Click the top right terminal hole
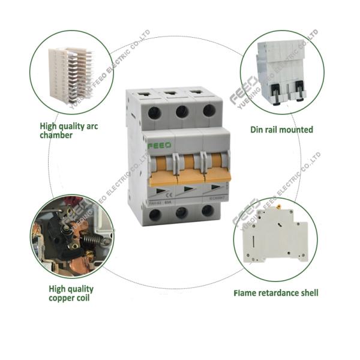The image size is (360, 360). tap(209, 111)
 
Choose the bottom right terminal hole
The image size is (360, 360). tap(208, 211)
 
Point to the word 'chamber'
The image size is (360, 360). tap(56, 135)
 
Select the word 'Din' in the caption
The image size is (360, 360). tap(257, 129)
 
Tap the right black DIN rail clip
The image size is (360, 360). tap(296, 90)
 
